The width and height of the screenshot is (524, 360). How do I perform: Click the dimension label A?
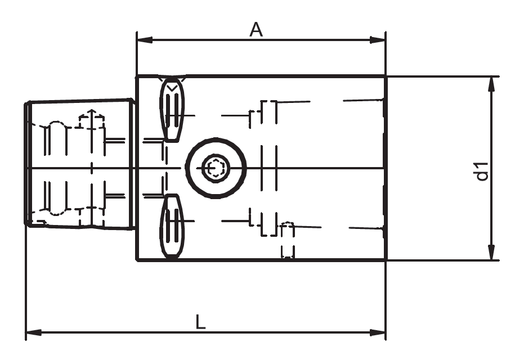pos(257,30)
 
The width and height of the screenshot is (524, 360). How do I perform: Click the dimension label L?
pos(200,322)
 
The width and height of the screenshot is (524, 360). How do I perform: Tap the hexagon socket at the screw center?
pos(216,168)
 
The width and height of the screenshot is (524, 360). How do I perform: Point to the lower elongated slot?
pos(172,226)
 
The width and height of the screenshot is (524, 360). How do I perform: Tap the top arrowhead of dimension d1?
pos(491,84)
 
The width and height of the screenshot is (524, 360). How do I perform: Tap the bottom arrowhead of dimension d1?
pos(491,253)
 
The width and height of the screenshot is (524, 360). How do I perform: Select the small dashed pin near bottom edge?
pos(287,240)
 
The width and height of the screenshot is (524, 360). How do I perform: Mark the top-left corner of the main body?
pos(137,76)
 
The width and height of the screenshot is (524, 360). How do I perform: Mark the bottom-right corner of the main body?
pos(385,260)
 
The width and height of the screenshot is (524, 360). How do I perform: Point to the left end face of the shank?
pos(26,163)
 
